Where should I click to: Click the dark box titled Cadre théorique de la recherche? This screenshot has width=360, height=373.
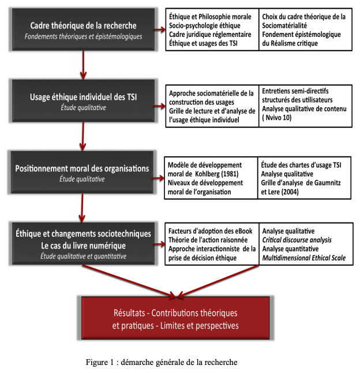[x=83, y=29]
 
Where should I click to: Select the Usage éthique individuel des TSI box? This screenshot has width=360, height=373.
[x=83, y=101]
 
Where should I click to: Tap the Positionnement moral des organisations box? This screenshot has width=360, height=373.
[x=82, y=172]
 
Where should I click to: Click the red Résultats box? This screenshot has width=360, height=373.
[x=175, y=318]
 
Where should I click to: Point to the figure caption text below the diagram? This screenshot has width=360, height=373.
[x=162, y=362]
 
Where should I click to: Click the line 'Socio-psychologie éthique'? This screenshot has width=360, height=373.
[x=205, y=26]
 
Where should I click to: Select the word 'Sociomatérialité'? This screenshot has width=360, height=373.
[x=284, y=25]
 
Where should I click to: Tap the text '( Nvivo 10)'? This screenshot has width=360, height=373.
[x=277, y=118]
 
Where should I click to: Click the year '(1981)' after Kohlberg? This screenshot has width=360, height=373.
[x=230, y=174]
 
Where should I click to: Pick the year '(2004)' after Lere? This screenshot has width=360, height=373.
[x=290, y=192]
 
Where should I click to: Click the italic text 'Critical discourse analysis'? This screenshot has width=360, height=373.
[x=297, y=240]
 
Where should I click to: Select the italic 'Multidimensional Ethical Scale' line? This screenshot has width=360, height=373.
[x=304, y=258]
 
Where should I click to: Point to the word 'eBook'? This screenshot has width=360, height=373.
[x=243, y=231]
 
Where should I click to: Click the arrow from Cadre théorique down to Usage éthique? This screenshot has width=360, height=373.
[x=83, y=65]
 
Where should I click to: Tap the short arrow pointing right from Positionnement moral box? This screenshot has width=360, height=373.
[x=159, y=178]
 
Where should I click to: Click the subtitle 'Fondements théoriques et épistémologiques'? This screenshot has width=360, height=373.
[x=83, y=37]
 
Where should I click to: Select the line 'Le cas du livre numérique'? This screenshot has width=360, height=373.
[x=83, y=246]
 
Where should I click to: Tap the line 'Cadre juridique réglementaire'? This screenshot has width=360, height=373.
[x=210, y=35]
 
